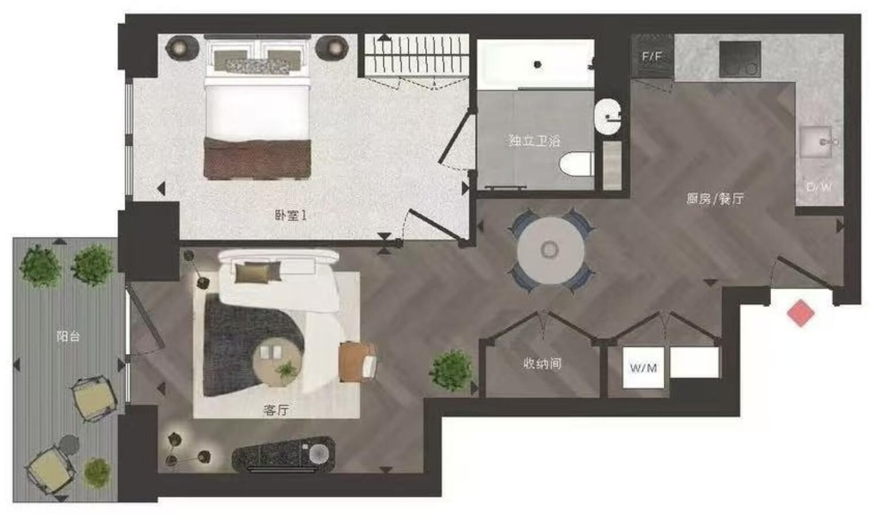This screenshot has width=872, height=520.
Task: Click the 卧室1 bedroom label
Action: point(290,216)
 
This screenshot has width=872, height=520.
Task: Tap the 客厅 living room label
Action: point(276,410)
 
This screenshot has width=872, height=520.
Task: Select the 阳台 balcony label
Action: point(68,336)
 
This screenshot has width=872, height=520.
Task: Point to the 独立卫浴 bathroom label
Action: point(534,141)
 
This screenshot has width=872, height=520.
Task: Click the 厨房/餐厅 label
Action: point(715,199)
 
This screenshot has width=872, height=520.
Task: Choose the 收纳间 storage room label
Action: point(542,363)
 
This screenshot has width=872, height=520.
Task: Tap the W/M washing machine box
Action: point(643,368)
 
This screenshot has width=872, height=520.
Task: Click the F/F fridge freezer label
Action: point(651,56)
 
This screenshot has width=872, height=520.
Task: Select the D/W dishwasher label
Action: point(819,187)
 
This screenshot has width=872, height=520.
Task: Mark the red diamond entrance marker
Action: point(800,313)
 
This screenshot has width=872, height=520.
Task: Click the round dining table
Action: point(550,250)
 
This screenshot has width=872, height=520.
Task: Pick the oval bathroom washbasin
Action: point(608,118)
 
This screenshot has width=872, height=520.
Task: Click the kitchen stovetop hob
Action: point(740,59)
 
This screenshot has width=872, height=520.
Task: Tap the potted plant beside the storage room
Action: point(451,370)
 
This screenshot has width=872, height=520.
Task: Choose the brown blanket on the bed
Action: point(257,158)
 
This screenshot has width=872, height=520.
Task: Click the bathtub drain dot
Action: point(537,64)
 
